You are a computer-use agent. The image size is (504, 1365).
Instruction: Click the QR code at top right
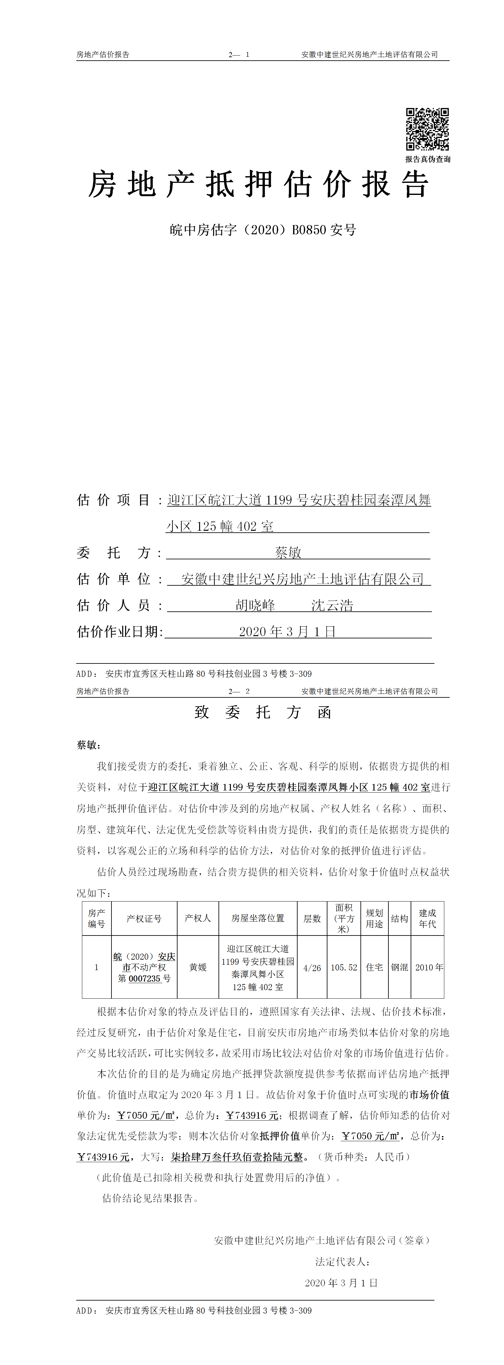click(427, 129)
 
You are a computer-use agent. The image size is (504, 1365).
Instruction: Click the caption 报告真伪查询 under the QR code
click(428, 159)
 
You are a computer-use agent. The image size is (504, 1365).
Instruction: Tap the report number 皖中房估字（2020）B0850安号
click(263, 230)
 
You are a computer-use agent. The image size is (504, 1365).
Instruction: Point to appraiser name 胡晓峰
click(255, 605)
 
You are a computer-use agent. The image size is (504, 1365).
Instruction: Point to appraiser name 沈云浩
click(332, 605)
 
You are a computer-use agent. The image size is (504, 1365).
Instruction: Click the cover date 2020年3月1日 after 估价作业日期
click(287, 632)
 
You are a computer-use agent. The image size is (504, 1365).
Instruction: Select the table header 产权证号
click(144, 918)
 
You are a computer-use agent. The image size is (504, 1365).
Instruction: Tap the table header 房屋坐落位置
click(258, 918)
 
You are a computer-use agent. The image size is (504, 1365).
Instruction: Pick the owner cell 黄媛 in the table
click(198, 967)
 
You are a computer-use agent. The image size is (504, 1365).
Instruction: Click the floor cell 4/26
click(312, 968)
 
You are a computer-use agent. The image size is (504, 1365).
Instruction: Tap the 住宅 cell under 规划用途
click(374, 968)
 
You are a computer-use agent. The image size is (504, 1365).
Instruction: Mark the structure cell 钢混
click(400, 968)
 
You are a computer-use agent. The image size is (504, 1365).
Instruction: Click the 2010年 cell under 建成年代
click(429, 968)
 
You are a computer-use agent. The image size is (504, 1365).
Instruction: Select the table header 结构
click(400, 918)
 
